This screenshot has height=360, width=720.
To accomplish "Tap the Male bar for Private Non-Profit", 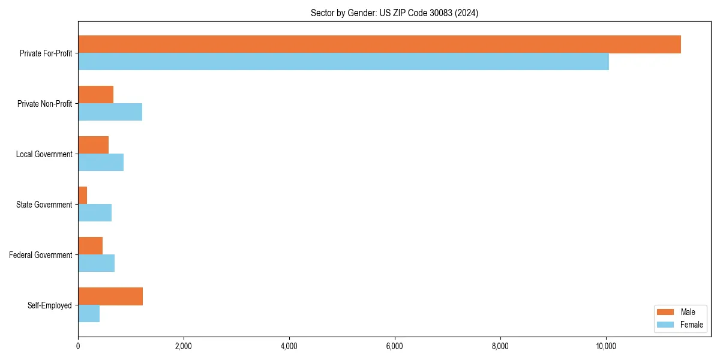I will tap(95, 95).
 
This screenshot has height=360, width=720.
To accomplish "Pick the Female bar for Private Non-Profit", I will tap(110, 112).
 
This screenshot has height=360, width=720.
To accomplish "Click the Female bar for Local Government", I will tap(101, 163).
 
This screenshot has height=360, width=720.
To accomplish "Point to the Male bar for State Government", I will tap(83, 196).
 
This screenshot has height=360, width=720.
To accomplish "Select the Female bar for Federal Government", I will tap(96, 263).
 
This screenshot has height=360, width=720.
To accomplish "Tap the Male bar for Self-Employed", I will tap(110, 296).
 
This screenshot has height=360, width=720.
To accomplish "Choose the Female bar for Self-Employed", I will tap(89, 314).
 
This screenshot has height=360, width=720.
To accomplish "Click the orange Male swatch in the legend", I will tap(666, 312).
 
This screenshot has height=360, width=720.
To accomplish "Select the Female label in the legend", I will tap(692, 325).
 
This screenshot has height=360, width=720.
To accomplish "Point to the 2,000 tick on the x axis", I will tap(184, 346).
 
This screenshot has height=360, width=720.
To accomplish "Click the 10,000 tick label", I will tap(606, 346).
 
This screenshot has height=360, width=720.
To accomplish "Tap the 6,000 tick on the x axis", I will tap(395, 346).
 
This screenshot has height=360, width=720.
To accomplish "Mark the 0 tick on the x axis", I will tap(78, 346).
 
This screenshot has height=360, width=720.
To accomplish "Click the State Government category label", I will tap(44, 205).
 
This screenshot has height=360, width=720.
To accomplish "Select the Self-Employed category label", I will tap(50, 305).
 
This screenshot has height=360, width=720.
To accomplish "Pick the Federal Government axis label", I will tap(41, 255).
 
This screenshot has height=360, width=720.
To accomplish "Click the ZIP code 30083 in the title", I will tap(440, 13).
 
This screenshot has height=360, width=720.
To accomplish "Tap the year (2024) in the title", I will tap(467, 13).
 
